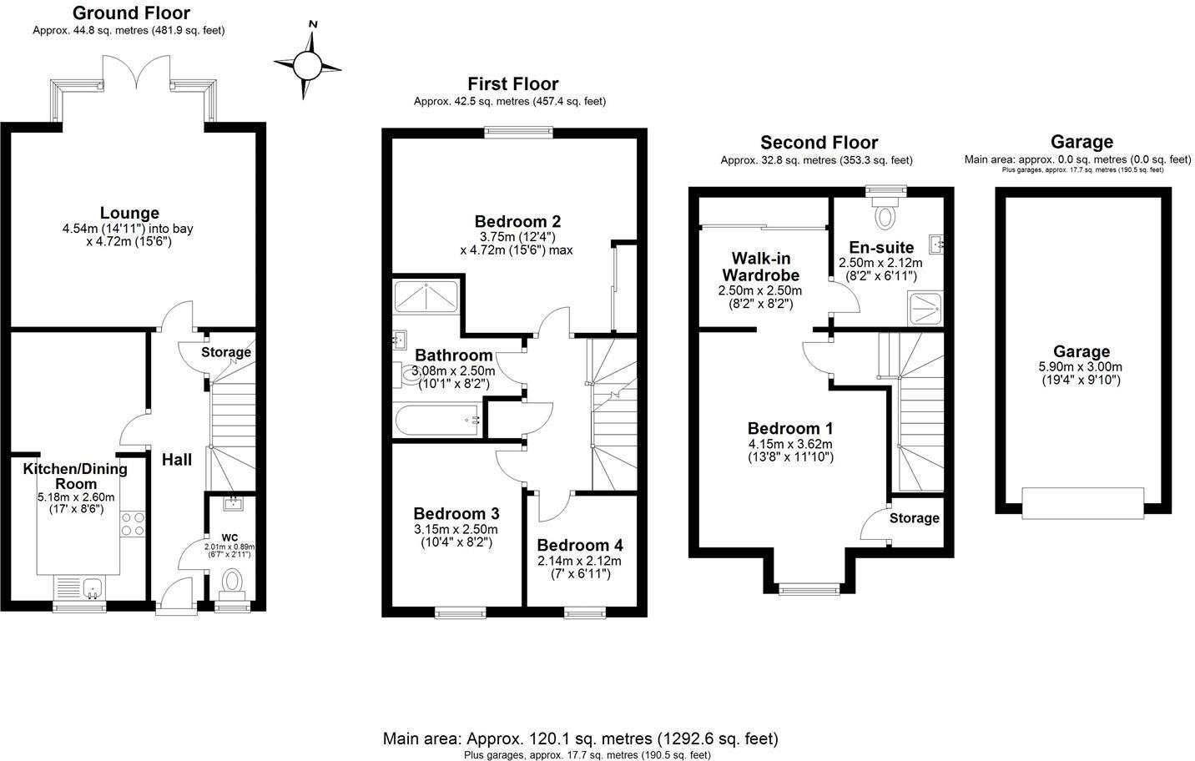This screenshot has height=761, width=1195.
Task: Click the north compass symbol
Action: pos(307,63)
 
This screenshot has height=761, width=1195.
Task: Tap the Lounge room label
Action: pos(129,213)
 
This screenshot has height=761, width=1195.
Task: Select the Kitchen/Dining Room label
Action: pos(75,476)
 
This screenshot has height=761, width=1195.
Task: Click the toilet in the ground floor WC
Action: pos(232,582)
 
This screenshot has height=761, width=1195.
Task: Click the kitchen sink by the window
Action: pos(81,587)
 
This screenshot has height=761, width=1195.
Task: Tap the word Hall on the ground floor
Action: pos(177,460)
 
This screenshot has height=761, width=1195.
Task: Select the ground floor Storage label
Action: pos(226,352)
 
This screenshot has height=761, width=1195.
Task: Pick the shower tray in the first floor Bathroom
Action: pos(425,296)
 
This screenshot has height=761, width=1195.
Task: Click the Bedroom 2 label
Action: pos(517,221)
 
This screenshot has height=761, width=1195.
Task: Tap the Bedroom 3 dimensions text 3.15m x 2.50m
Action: pos(456,529)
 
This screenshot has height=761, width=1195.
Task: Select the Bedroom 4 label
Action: pos(579,546)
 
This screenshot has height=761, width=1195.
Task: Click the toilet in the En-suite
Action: pos(884,214)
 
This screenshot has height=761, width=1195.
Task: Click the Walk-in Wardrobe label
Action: pos(760,266)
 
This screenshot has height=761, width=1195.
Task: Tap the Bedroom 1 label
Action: pos(790,427)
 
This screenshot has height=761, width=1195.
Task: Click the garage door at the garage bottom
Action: pos(1082,502)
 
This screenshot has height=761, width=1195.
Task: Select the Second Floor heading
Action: pos(819,143)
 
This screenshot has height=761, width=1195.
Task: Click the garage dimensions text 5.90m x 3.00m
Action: pos(1082,367)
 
